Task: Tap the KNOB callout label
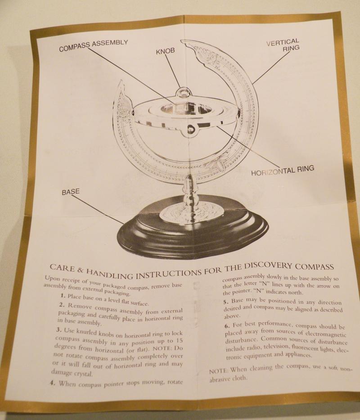pos(166,52)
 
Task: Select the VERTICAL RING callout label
pos(282,46)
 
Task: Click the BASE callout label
pos(70,192)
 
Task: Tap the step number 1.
pos(62,296)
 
